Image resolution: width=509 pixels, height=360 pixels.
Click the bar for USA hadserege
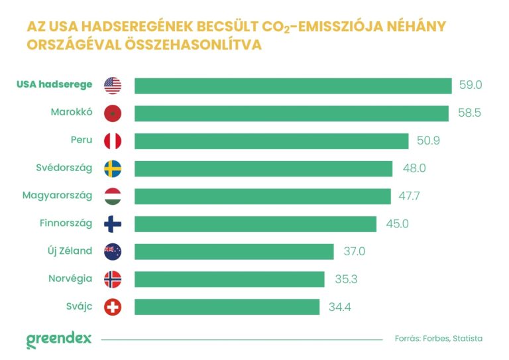[x=293, y=86]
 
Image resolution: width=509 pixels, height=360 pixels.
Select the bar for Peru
[x=271, y=141]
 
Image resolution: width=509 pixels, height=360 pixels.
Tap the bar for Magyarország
[x=262, y=196]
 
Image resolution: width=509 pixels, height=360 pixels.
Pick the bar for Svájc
[x=227, y=307]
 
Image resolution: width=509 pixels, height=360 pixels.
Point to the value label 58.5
[x=469, y=113]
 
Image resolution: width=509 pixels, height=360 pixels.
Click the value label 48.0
[x=414, y=168]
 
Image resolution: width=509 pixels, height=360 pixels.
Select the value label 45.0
[x=397, y=224]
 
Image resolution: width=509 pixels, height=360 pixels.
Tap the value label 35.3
[x=346, y=279]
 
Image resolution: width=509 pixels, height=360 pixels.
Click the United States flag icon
[x=113, y=86]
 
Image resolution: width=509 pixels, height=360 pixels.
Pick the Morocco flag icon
[x=113, y=113]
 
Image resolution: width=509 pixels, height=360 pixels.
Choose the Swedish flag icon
[x=113, y=168]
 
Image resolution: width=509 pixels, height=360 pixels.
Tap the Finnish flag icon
[x=113, y=224]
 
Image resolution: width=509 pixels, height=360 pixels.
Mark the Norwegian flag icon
[x=113, y=279]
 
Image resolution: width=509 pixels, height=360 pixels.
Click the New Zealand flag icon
[x=113, y=251]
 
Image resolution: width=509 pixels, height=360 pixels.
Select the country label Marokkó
[x=72, y=112]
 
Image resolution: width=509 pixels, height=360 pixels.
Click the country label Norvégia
[x=70, y=278]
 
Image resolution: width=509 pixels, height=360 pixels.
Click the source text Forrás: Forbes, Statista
[x=438, y=338]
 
